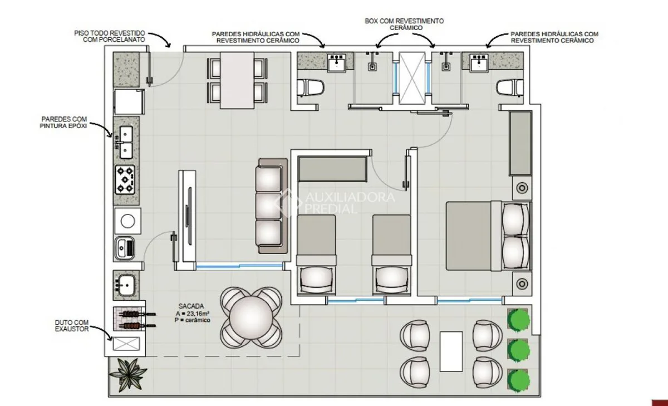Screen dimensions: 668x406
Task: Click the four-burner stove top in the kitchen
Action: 125,179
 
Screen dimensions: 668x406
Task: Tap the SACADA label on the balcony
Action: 191,306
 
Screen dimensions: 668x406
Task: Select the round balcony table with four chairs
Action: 251,317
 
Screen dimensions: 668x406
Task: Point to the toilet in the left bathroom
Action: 311,88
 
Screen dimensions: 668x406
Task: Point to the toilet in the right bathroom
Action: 510,88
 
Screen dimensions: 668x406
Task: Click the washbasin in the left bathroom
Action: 337,62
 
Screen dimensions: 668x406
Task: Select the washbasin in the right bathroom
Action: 479,62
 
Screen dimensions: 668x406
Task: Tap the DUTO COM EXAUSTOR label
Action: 72,326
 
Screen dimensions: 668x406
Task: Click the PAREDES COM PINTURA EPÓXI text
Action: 63,123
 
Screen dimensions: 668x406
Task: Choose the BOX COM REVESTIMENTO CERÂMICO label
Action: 404,24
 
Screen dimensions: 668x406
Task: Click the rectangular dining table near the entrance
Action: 237,81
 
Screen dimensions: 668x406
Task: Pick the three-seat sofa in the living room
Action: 272,206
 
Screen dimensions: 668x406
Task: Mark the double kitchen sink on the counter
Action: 126,142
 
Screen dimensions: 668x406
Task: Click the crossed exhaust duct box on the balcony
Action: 126,344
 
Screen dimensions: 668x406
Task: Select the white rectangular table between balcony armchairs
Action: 451,351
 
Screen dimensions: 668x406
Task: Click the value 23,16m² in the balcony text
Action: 195,313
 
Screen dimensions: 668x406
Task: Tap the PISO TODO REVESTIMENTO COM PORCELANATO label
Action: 110,36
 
